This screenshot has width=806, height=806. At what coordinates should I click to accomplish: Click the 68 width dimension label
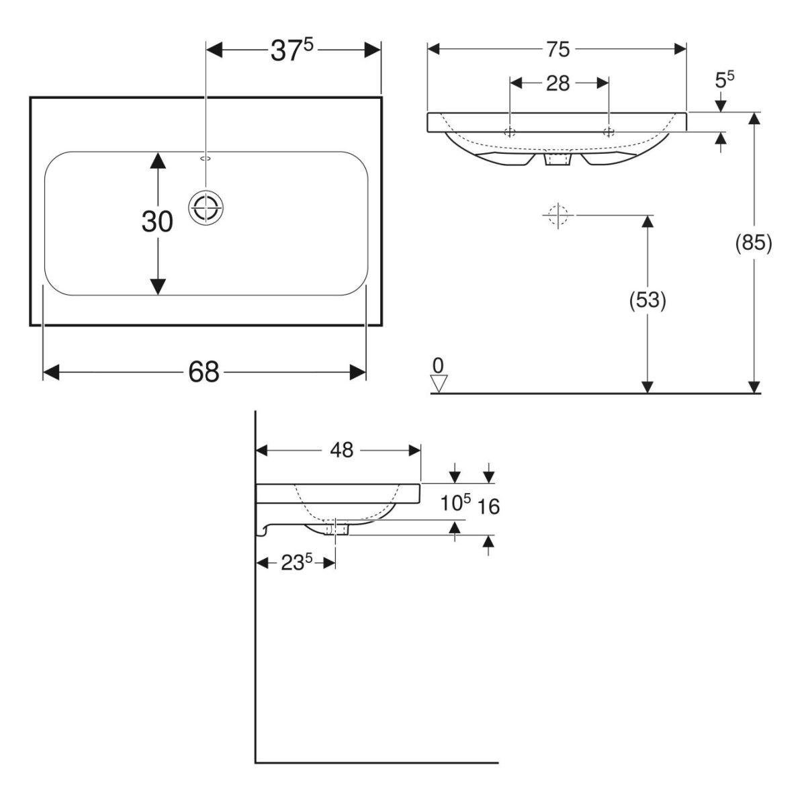pyautogui.click(x=204, y=371)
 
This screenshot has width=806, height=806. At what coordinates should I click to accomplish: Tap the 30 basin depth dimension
pyautogui.click(x=157, y=222)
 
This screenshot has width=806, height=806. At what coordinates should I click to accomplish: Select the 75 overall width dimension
pyautogui.click(x=557, y=49)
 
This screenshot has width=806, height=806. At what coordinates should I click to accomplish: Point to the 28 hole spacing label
pyautogui.click(x=558, y=83)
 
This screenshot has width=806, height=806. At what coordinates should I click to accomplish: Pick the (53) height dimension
pyautogui.click(x=647, y=302)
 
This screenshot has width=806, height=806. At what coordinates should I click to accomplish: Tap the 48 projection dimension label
pyautogui.click(x=341, y=450)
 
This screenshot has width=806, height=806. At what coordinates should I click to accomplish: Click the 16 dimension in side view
pyautogui.click(x=490, y=506)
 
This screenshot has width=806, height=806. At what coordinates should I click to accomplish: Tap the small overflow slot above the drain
pyautogui.click(x=206, y=159)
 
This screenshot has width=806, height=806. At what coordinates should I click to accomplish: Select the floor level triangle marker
pyautogui.click(x=439, y=384)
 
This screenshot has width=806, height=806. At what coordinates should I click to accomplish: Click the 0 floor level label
pyautogui.click(x=438, y=365)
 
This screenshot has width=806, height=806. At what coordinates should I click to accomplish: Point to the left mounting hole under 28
pyautogui.click(x=510, y=131)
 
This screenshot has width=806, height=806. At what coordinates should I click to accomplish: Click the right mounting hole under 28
pyautogui.click(x=608, y=131)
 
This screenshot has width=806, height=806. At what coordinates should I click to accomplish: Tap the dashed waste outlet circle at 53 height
pyautogui.click(x=557, y=215)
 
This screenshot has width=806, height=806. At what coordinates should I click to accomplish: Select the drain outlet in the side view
pyautogui.click(x=336, y=529)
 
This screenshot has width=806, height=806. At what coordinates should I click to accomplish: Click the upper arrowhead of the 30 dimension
pyautogui.click(x=157, y=160)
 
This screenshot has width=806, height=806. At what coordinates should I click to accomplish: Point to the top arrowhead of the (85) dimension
pyautogui.click(x=754, y=119)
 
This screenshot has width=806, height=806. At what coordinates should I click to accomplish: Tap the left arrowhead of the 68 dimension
pyautogui.click(x=50, y=371)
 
